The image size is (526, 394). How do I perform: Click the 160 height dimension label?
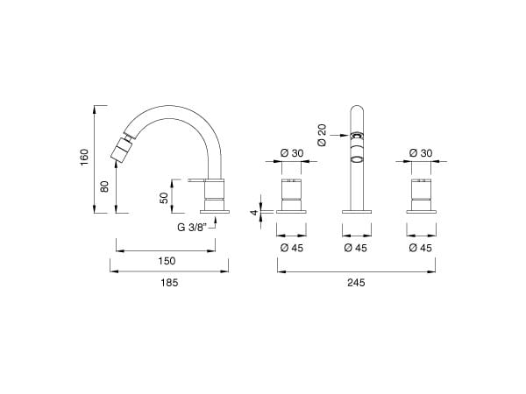(84, 158)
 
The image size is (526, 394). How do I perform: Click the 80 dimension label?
(104, 187)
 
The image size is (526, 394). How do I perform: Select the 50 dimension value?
(163, 198)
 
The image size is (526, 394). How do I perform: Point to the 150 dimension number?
(167, 261)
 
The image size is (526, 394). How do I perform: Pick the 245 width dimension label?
(356, 283)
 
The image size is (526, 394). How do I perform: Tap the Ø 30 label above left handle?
(292, 153)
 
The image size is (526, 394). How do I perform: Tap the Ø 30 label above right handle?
(421, 153)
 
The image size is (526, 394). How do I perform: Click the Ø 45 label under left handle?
(292, 248)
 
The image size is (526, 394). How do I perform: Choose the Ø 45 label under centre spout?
(356, 248)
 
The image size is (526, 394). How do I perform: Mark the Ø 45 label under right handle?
(421, 248)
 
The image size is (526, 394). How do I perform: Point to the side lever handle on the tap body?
(197, 181)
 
